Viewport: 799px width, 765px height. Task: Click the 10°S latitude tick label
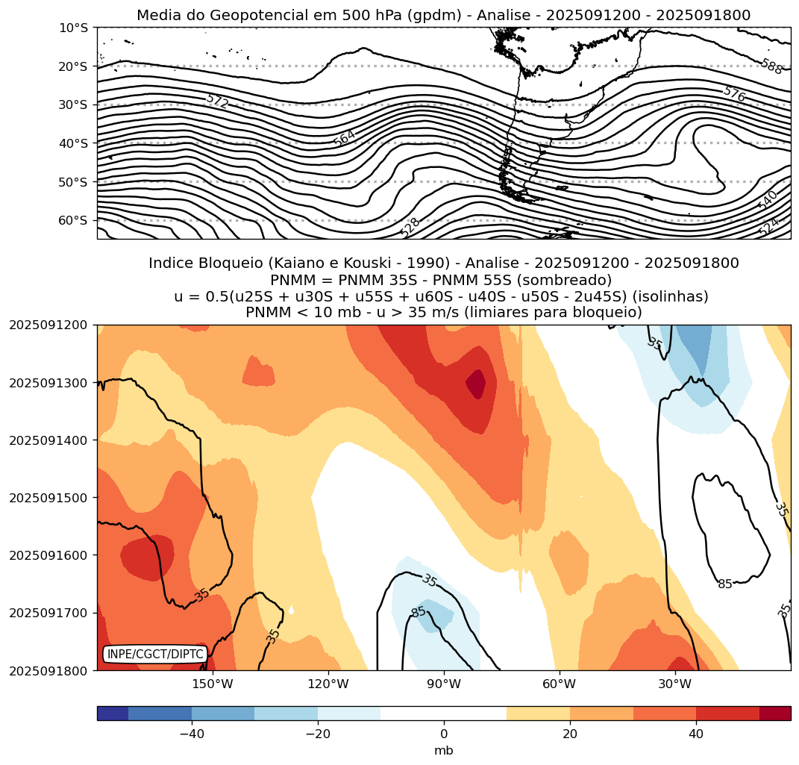point(73,28)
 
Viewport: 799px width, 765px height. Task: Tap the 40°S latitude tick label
point(73,143)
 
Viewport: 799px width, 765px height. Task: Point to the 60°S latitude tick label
point(73,220)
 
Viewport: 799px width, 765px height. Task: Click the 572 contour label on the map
point(217,101)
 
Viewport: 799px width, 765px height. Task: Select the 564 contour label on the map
point(345,137)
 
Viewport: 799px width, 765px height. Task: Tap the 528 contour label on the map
point(410,226)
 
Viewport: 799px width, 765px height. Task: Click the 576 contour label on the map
point(734,93)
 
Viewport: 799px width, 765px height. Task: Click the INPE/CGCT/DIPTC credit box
point(155,655)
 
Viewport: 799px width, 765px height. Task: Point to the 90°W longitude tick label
point(444,684)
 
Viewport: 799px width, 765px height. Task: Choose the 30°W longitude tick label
point(674,684)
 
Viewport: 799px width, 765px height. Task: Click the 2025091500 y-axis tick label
point(48,498)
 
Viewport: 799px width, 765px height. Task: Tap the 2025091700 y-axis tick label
point(48,613)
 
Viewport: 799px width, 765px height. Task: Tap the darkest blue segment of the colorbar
point(113,714)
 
